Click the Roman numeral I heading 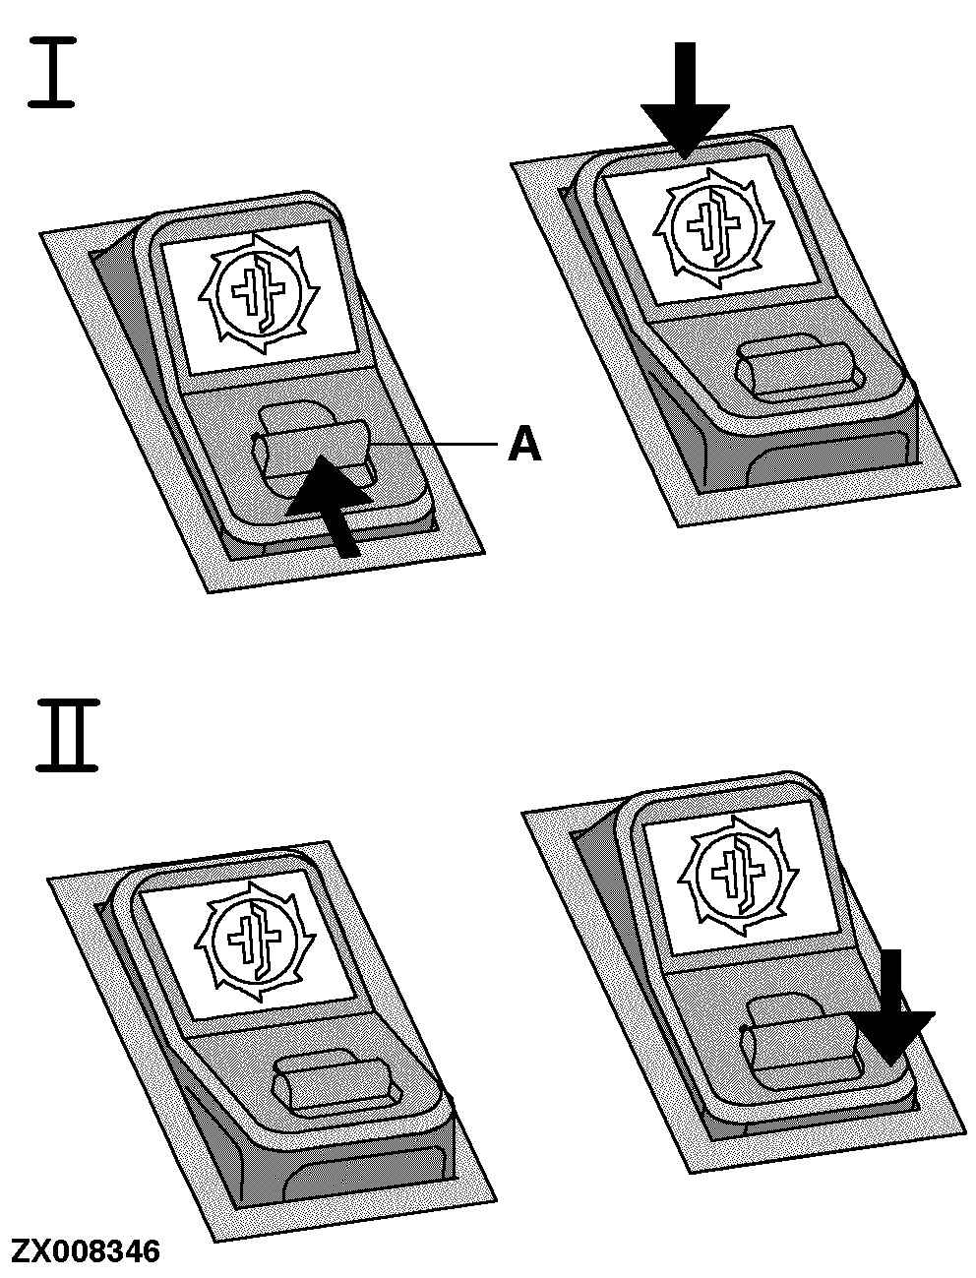(x=51, y=72)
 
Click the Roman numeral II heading (x=67, y=736)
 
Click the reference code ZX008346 (x=85, y=1250)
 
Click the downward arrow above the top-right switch (x=685, y=100)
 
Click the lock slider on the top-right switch (x=800, y=369)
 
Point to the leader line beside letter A (x=432, y=445)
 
